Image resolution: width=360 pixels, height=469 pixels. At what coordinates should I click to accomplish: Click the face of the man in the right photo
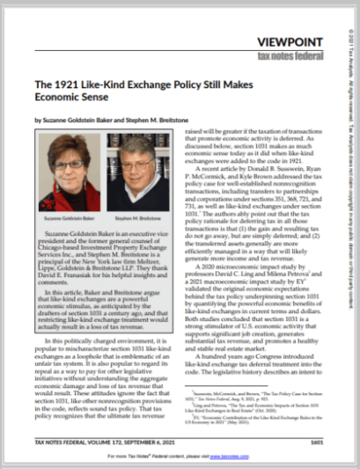pos(143,166)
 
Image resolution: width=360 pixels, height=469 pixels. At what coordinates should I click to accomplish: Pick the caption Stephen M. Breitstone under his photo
pos(142,214)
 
